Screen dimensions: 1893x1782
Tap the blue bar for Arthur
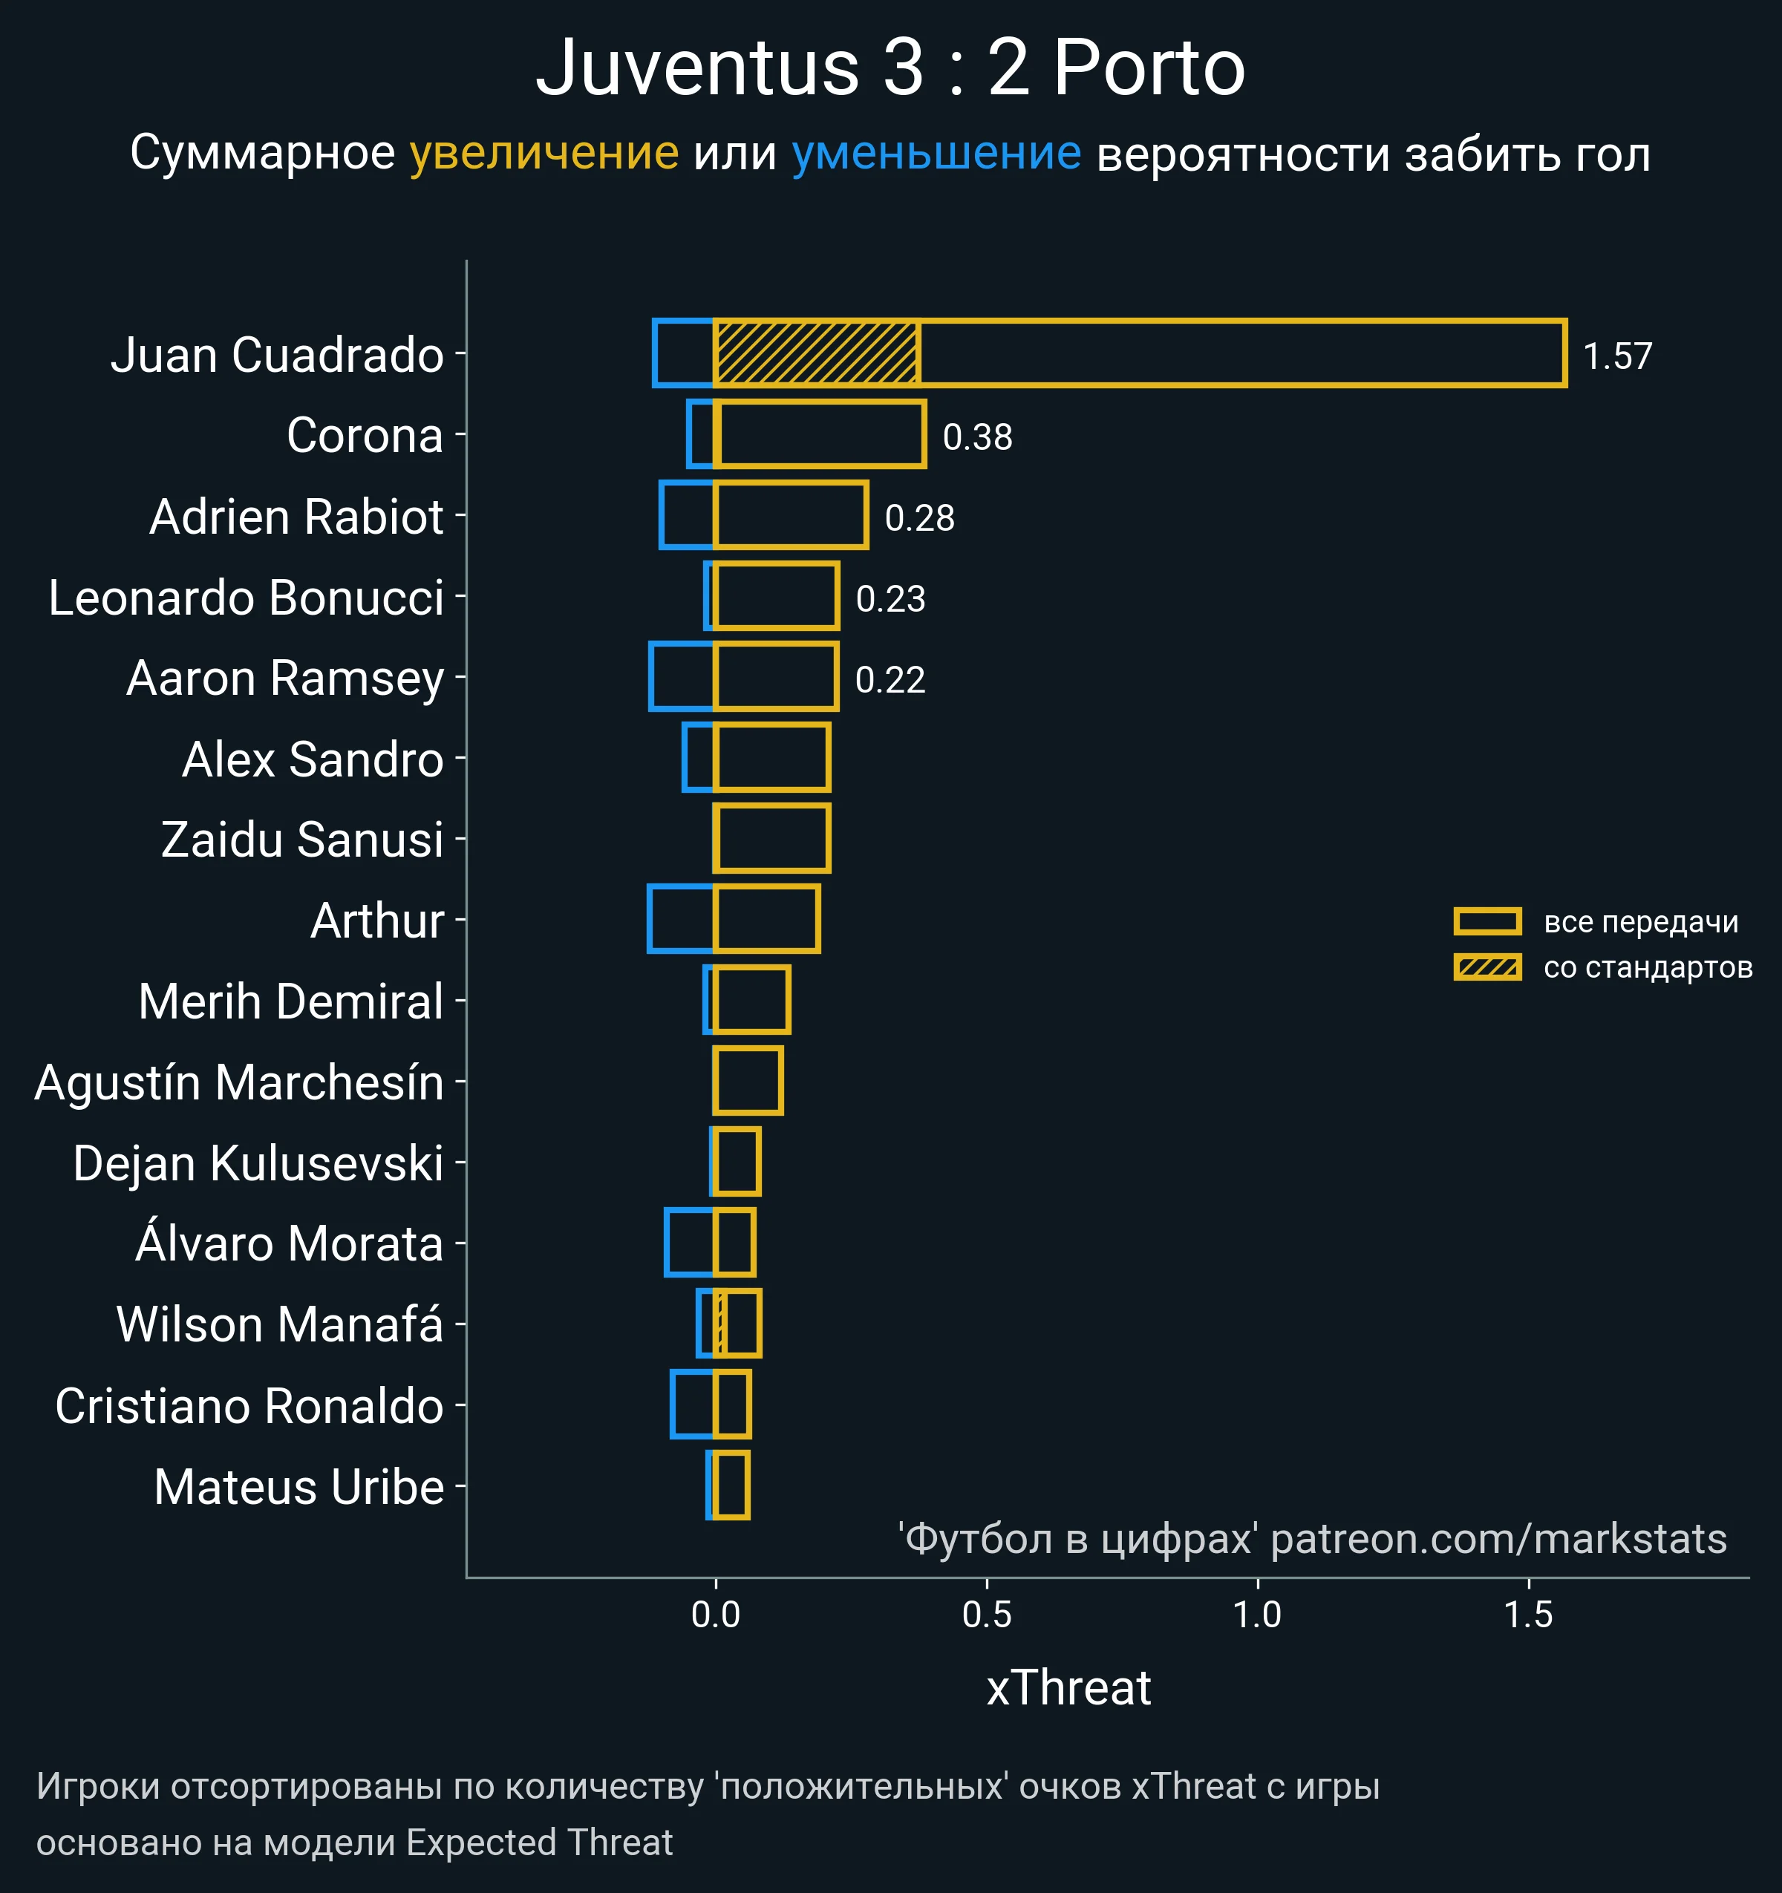pos(680,919)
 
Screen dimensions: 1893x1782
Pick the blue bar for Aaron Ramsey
pos(681,677)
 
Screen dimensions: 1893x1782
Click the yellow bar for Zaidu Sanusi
pos(772,839)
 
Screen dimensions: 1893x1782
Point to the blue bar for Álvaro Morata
pos(688,1243)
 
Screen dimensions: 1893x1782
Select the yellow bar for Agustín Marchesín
pos(748,1081)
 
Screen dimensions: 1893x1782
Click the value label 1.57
pos(1617,356)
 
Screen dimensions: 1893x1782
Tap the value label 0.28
pos(919,518)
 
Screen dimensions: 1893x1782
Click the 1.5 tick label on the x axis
pos(1529,1614)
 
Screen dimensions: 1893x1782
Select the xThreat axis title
pos(1068,1688)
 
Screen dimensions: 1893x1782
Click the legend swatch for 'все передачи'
pos(1486,922)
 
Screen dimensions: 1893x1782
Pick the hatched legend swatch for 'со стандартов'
pos(1486,967)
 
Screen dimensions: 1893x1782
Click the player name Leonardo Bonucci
pos(246,598)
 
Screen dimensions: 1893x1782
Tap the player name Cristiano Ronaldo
pos(249,1407)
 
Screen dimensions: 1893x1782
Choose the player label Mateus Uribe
pos(299,1488)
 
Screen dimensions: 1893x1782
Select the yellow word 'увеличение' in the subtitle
pos(544,154)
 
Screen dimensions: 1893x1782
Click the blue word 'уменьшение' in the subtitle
pos(936,154)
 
